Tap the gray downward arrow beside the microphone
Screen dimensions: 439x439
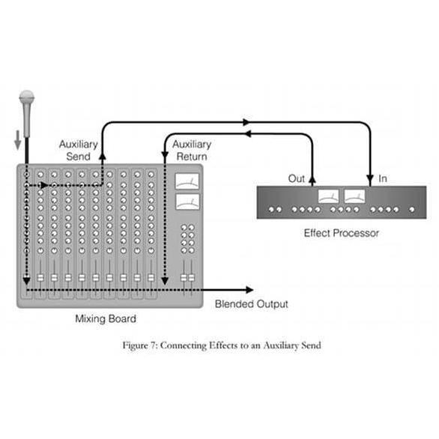click(18, 140)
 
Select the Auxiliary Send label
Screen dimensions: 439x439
click(79, 151)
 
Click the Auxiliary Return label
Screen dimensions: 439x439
click(192, 151)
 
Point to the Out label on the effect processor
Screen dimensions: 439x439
click(296, 178)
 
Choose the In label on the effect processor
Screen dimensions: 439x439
click(383, 178)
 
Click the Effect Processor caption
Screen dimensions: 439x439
click(342, 233)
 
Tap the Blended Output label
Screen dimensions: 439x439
click(251, 304)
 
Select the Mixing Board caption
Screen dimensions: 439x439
click(106, 318)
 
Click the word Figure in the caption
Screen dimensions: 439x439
click(136, 345)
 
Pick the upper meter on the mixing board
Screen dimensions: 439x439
click(187, 181)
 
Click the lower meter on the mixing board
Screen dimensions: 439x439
click(187, 202)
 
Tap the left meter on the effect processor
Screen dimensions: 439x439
click(328, 196)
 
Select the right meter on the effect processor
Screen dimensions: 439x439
click(354, 196)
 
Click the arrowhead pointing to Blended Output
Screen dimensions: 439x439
click(249, 290)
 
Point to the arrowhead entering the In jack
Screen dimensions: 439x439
click(370, 179)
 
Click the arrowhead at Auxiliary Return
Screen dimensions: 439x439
click(165, 156)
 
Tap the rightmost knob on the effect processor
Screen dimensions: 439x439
click(412, 210)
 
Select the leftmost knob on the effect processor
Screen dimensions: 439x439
click(271, 210)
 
